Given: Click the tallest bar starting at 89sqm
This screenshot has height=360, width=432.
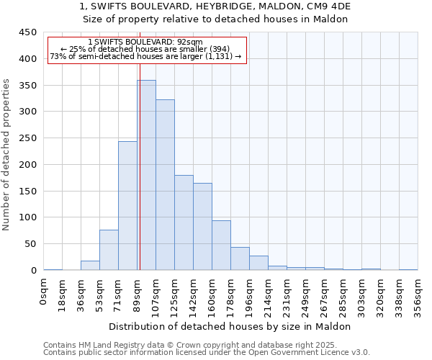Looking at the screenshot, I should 147,175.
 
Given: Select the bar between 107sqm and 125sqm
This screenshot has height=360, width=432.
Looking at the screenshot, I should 165,185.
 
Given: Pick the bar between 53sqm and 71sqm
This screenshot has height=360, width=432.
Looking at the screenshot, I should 109,250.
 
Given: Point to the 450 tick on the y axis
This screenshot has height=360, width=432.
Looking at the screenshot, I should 28,32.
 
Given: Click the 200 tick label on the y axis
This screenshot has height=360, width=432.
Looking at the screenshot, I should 28,165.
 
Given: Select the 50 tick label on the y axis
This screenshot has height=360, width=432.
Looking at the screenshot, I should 31,244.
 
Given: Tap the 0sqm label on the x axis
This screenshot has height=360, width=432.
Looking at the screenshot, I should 44,292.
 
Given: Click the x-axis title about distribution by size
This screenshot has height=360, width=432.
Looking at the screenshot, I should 230,326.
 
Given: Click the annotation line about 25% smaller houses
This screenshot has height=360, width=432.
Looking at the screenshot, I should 147,49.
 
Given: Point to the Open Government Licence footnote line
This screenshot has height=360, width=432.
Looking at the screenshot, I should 207,353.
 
